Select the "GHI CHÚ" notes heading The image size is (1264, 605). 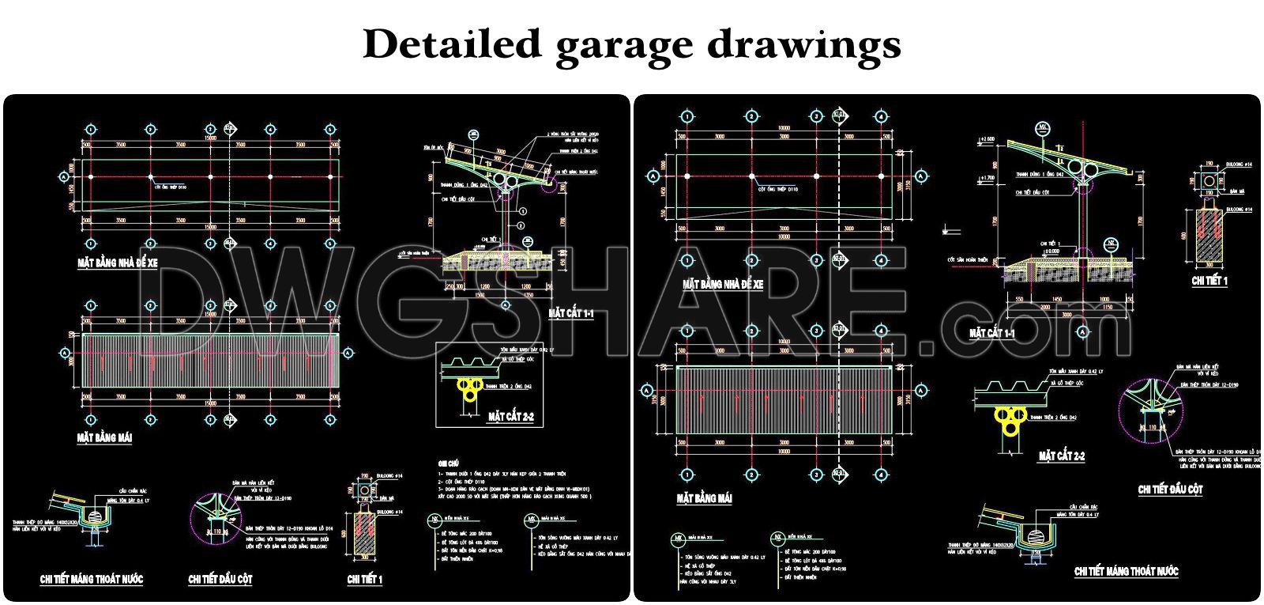tap(449, 463)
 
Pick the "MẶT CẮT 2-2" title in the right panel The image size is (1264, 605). tap(1061, 456)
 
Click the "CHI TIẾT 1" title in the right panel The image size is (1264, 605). tap(1209, 281)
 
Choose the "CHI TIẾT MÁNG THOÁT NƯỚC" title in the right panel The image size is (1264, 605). tap(1127, 570)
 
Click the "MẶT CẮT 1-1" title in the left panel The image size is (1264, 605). tap(570, 314)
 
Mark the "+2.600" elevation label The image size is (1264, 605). tap(987, 139)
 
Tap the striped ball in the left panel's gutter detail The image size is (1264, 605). tap(96, 516)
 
